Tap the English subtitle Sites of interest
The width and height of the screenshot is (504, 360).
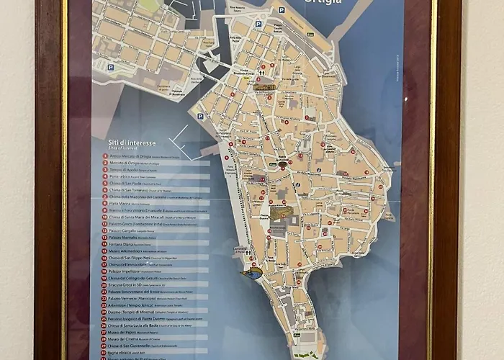[x=120, y=149]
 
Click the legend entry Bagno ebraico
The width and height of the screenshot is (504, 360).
[x=126, y=354]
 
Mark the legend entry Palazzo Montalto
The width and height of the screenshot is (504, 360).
[x=130, y=235]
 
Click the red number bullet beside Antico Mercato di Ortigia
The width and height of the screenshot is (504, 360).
[x=105, y=156]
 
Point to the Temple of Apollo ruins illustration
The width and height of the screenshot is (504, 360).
[x=265, y=86]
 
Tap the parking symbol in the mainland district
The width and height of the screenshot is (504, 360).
[x=110, y=67]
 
